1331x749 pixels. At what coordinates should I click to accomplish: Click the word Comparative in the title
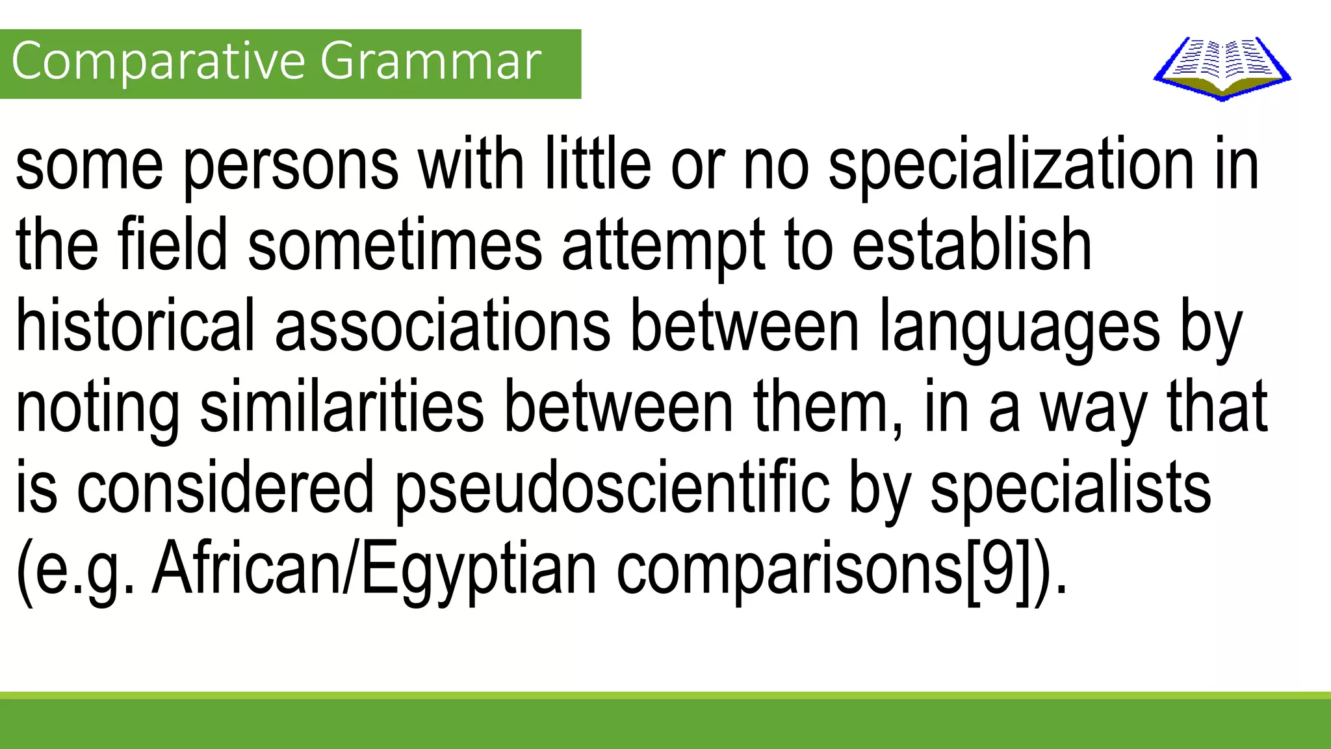coord(159,62)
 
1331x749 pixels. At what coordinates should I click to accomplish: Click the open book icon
coord(1222,68)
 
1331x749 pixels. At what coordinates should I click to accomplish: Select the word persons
coord(291,166)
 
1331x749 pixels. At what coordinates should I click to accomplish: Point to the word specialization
coord(1011,166)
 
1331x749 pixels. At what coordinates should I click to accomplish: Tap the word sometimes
coord(395,246)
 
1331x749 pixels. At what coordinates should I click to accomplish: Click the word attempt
coord(664,248)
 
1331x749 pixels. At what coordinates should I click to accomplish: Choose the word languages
coord(1019,328)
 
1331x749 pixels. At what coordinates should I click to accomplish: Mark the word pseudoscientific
coord(613,489)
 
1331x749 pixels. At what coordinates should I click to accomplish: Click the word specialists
coord(1070,489)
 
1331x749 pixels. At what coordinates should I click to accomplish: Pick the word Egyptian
coord(478,571)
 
